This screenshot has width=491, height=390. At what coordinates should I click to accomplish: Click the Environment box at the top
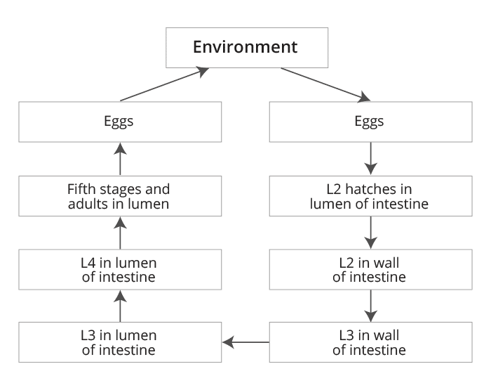click(x=245, y=48)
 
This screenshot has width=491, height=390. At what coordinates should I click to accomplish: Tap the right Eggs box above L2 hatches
click(x=370, y=122)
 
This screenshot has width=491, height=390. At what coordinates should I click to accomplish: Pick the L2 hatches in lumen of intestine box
click(x=370, y=197)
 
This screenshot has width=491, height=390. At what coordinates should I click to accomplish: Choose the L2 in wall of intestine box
click(x=370, y=269)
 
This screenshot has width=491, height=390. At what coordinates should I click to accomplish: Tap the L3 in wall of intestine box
click(x=370, y=342)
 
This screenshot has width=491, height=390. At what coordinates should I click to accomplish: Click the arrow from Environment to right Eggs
click(x=327, y=84)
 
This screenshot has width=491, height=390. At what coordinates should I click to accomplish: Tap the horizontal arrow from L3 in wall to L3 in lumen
click(x=245, y=342)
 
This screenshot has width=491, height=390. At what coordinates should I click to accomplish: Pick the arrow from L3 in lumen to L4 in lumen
click(x=119, y=306)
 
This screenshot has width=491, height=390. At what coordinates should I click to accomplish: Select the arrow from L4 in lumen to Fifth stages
click(x=119, y=233)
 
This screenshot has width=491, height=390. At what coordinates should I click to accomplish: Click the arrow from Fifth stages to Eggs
click(x=119, y=158)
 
